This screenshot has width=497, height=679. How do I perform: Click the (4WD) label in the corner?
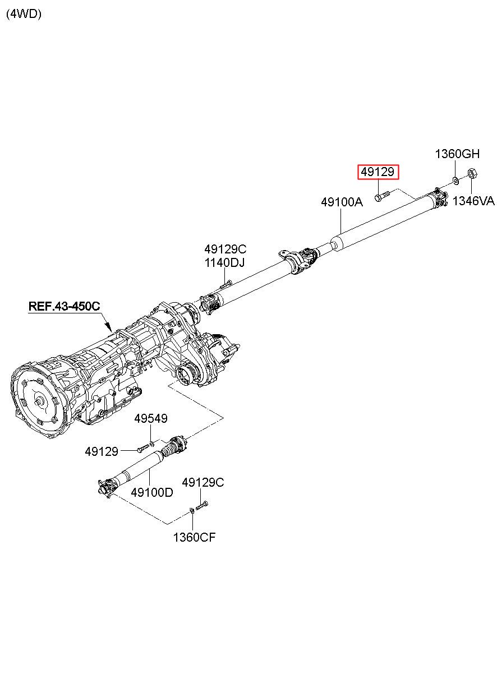tap(24, 15)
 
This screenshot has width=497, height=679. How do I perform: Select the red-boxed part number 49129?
tap(379, 172)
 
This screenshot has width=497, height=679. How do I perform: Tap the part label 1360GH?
tap(458, 154)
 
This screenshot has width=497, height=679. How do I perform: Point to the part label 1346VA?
tap(473, 201)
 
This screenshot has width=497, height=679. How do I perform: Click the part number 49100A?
tap(342, 202)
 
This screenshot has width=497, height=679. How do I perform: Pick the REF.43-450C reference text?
tap(65, 306)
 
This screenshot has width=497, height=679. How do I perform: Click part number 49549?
tap(150, 419)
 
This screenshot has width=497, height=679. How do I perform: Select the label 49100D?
tap(152, 492)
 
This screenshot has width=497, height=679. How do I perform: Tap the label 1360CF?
tap(194, 538)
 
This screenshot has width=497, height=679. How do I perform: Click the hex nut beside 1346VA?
tap(472, 174)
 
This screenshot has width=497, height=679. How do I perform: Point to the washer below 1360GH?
tap(455, 180)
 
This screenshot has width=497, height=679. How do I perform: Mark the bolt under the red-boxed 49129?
tap(380, 196)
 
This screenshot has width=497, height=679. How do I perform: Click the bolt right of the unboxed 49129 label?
tap(143, 448)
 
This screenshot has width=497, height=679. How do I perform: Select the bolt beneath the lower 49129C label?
tap(202, 505)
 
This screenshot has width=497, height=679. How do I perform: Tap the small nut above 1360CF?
tap(192, 510)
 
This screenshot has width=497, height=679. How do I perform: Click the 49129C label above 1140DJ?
tap(225, 250)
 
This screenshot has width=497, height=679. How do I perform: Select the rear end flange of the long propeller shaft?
tap(438, 196)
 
